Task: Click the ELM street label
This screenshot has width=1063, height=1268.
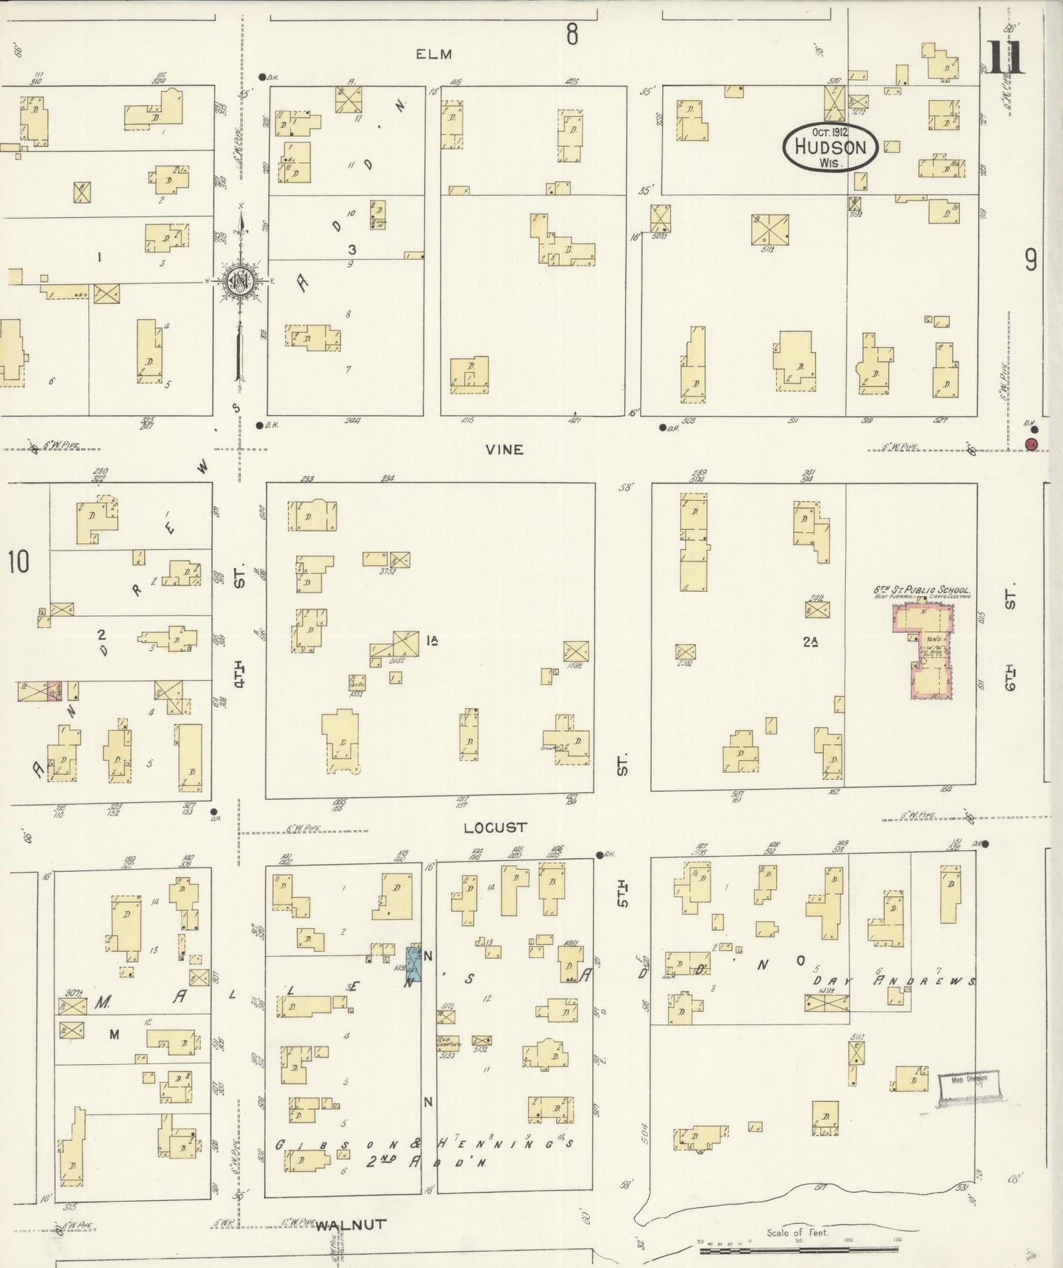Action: point(433,54)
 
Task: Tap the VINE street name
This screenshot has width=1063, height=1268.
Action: point(505,449)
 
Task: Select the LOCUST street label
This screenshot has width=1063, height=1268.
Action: point(495,828)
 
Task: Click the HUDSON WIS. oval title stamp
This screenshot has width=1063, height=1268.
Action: point(830,147)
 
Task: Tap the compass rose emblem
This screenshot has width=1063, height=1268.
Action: point(240,280)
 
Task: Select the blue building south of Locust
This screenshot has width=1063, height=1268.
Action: point(413,964)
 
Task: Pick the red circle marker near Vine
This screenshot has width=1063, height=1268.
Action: point(1031,444)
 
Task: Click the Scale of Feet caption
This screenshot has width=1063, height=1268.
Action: point(797,1232)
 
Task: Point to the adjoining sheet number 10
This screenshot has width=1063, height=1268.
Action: point(18,562)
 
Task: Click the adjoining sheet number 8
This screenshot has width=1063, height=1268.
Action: point(572,34)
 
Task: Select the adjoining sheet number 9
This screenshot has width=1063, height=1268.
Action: point(1031,260)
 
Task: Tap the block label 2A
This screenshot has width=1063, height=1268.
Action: point(811,642)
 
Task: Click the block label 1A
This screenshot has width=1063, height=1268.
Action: point(432,640)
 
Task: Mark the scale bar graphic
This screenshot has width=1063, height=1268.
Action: point(798,1248)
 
